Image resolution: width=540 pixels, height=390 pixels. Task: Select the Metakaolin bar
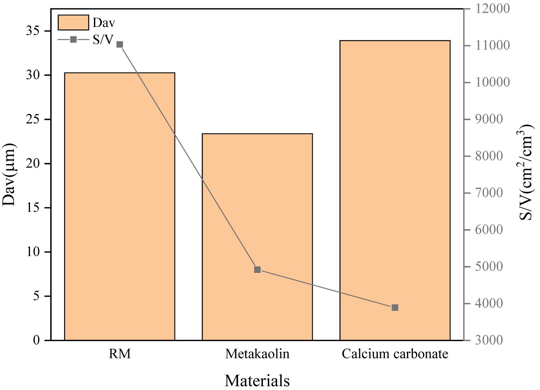pos(257,237)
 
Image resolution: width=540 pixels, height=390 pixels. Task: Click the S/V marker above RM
pos(120,45)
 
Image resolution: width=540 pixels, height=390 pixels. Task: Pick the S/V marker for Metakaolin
pos(257,270)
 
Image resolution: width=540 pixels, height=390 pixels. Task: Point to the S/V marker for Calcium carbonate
pos(395,308)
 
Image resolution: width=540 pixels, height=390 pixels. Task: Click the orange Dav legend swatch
pos(73,22)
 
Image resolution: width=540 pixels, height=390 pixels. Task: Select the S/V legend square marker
pos(73,39)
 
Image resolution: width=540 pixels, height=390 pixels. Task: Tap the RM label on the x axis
pos(120,354)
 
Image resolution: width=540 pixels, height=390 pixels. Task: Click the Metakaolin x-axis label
pos(257,354)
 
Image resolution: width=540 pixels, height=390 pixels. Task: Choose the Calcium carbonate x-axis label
pos(395,354)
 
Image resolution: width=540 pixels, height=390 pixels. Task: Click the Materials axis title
pos(257,381)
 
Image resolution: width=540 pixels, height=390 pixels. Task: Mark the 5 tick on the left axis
pos(36,296)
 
